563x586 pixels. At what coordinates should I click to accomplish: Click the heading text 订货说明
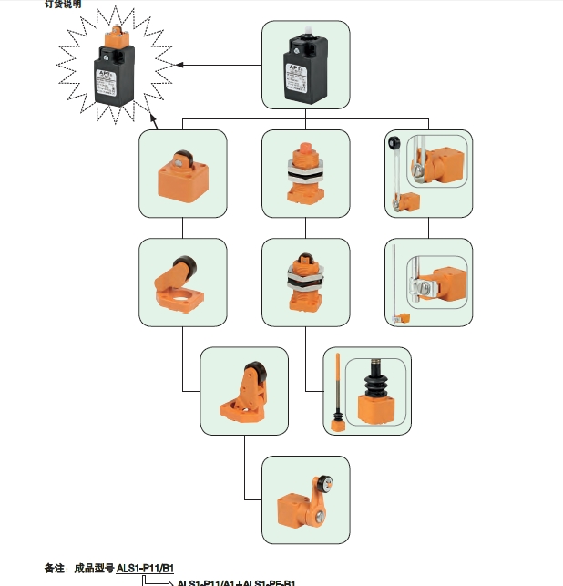[x=63, y=5]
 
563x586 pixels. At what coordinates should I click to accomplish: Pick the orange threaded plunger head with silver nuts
[x=305, y=173]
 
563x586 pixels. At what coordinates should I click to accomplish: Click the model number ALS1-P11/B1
[x=145, y=568]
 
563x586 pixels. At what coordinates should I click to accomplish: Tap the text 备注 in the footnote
[x=55, y=568]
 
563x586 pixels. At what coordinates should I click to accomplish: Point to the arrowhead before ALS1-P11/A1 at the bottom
[x=169, y=582]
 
